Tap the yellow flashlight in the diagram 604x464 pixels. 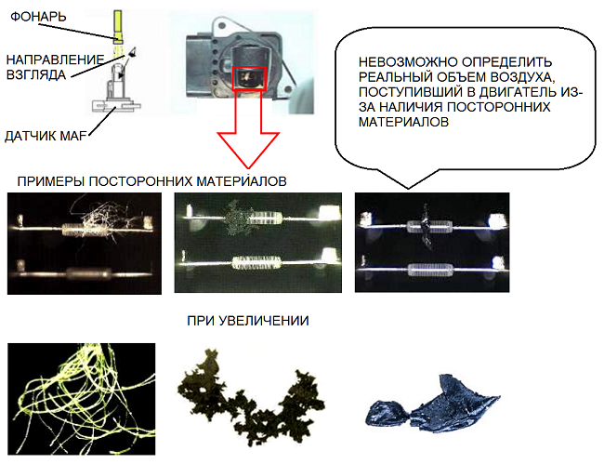coord(117,27)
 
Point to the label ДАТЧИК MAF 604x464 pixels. coord(46,137)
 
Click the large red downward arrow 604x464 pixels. coord(248,130)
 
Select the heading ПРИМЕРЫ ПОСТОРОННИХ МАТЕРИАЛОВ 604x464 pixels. coord(152,179)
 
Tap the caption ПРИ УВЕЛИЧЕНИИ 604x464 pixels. coord(248,322)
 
